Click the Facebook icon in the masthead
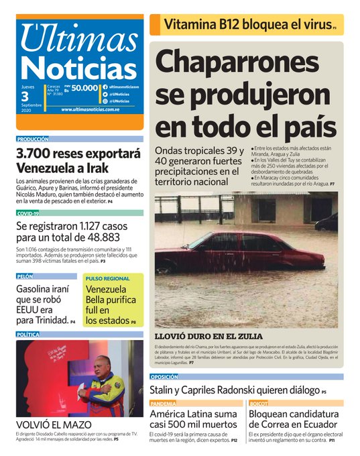pos(105,88)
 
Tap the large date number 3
pos(25,97)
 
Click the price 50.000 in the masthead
pos(85,88)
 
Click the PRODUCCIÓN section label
pos(33,139)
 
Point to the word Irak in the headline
pos(97,168)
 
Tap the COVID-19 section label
pos(28,213)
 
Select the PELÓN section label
pos(25,276)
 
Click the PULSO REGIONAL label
pos(107,278)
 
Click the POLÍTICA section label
pos(28,334)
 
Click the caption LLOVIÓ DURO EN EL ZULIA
pos(208,336)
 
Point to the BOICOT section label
pos(259,404)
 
